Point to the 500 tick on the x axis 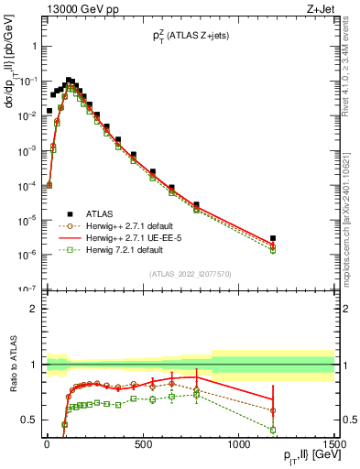point(143,443)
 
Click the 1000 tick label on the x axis point(238,443)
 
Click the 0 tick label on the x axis point(48,443)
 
